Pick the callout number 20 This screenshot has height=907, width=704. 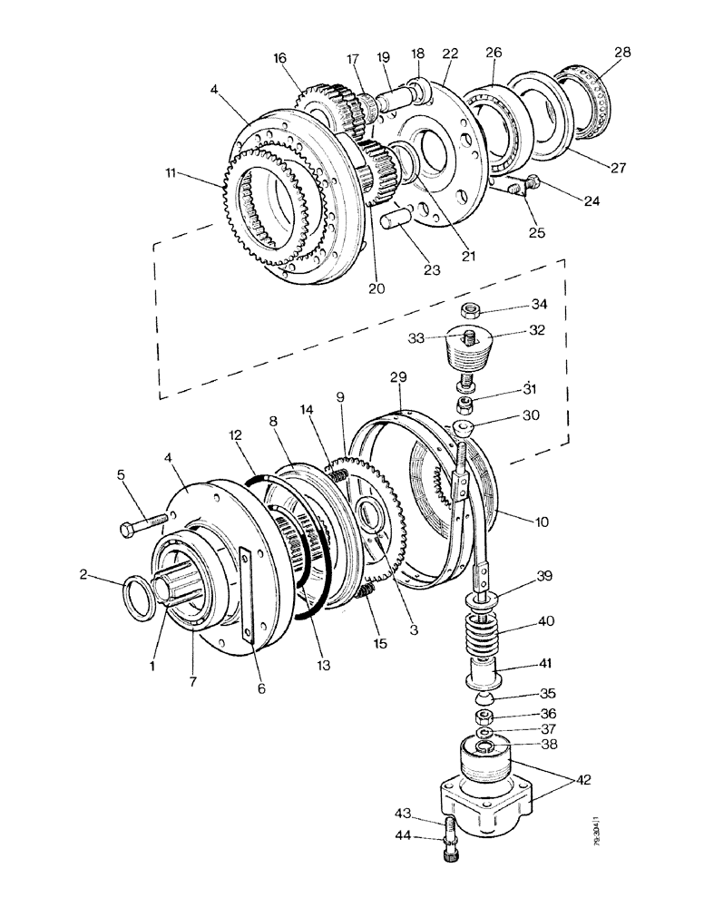[376, 288]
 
